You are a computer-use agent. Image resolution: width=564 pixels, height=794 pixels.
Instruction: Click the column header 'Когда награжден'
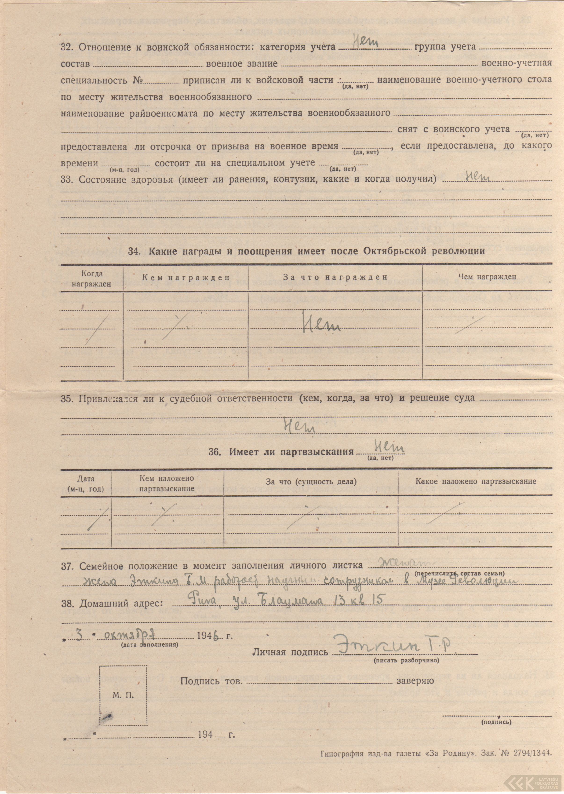(x=92, y=279)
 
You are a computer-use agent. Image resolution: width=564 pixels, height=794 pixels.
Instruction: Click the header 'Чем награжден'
(x=487, y=277)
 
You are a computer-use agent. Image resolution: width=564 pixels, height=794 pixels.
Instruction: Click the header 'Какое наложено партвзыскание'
(x=476, y=481)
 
